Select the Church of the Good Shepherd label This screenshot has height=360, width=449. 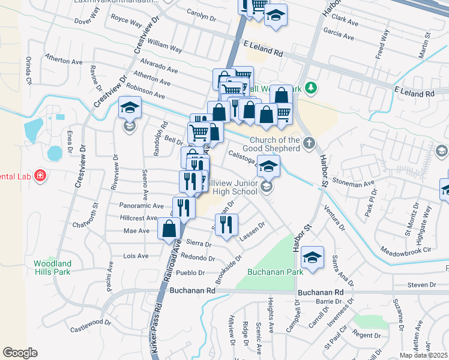click(274, 144)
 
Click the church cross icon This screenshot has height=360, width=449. click(309, 143)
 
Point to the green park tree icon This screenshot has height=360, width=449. click(310, 89)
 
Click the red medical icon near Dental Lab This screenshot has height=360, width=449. click(40, 176)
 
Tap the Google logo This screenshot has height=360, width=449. click(20, 353)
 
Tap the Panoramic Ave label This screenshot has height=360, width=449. click(142, 205)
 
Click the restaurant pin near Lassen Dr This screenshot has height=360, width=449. click(226, 225)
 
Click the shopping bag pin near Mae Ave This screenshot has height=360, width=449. click(169, 228)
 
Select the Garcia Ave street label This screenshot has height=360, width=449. click(339, 31)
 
